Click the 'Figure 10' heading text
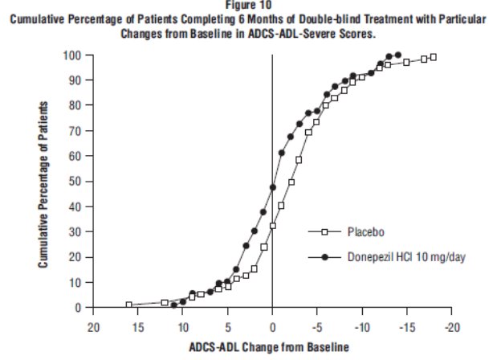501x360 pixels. coord(249,4)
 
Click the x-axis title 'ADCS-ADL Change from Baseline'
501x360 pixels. coord(271,347)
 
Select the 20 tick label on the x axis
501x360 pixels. coord(93,327)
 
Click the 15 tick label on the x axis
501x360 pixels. coord(137,327)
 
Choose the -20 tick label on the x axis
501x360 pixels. coord(453,327)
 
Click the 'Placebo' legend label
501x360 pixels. coord(366,232)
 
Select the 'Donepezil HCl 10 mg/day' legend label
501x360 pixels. coord(401,257)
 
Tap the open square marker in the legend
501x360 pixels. coord(325,232)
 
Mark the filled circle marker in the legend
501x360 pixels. coord(325,257)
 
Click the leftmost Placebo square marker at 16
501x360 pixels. coord(129,305)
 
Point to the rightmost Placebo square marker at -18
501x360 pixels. coord(434,57)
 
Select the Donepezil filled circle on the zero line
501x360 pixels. coord(273,187)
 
